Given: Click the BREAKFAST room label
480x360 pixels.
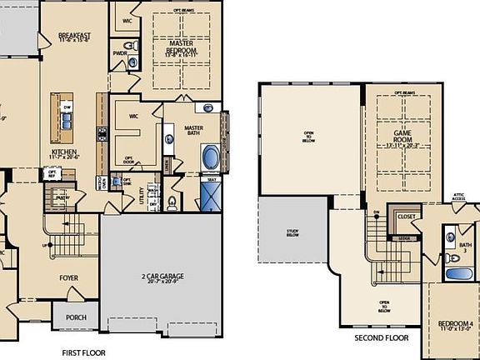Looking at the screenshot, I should [73, 36].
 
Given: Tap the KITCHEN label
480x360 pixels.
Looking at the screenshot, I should [64, 153].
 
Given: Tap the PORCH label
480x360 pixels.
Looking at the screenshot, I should [76, 317].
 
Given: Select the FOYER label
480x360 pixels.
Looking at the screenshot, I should [68, 279].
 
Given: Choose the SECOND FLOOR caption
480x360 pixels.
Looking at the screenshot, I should [382, 338].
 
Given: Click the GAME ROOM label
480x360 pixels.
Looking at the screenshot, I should [409, 136].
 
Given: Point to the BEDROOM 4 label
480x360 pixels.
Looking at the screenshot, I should [455, 324].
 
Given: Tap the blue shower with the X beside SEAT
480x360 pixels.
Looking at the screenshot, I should [212, 197].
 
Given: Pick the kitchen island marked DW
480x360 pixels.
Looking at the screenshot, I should [67, 113].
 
